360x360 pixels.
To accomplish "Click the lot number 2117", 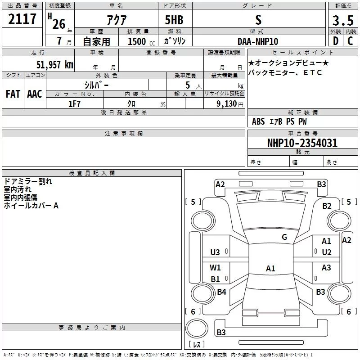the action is [x=22, y=19].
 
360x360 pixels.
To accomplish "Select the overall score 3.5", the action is [x=343, y=20].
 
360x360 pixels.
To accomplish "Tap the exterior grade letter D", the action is [x=336, y=41].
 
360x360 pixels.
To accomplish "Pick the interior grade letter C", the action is [x=350, y=41].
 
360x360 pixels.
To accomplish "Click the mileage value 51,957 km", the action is [x=55, y=65].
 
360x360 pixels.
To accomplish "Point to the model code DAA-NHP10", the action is [x=258, y=41].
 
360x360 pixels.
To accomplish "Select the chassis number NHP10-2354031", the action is [x=302, y=143].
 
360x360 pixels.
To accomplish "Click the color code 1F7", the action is [x=74, y=104].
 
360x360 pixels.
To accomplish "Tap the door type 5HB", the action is [x=174, y=20].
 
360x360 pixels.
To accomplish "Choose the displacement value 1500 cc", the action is [x=141, y=41].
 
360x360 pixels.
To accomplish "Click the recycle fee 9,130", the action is [x=227, y=104].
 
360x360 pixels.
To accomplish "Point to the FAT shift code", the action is [x=13, y=94].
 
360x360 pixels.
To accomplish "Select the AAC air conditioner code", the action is [x=35, y=94].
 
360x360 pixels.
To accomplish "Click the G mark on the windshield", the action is [x=284, y=237].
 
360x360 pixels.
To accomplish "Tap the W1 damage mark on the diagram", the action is [x=215, y=267].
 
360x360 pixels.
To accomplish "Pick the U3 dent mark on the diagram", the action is [x=215, y=252].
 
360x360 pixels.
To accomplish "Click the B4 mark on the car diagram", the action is [x=221, y=292].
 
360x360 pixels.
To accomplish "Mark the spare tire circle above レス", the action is [x=197, y=328].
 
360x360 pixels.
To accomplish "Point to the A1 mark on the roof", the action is [x=270, y=268].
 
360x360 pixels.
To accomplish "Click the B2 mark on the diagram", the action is [x=327, y=206].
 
